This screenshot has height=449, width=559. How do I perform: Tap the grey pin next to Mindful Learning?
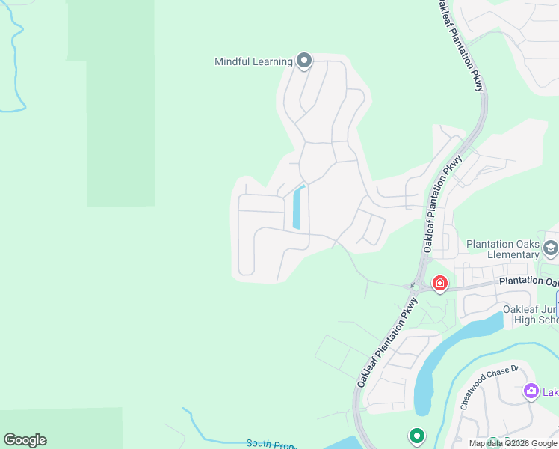(303, 61)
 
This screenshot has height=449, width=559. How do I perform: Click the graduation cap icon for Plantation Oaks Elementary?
(551, 248)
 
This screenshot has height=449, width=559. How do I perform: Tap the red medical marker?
(439, 283)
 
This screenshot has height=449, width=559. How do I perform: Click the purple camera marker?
(531, 391)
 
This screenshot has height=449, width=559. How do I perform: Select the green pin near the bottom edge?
(416, 436)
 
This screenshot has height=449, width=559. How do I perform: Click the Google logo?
(25, 440)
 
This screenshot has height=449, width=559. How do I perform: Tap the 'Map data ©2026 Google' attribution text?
(513, 443)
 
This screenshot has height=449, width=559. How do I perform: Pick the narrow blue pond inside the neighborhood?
(298, 207)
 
